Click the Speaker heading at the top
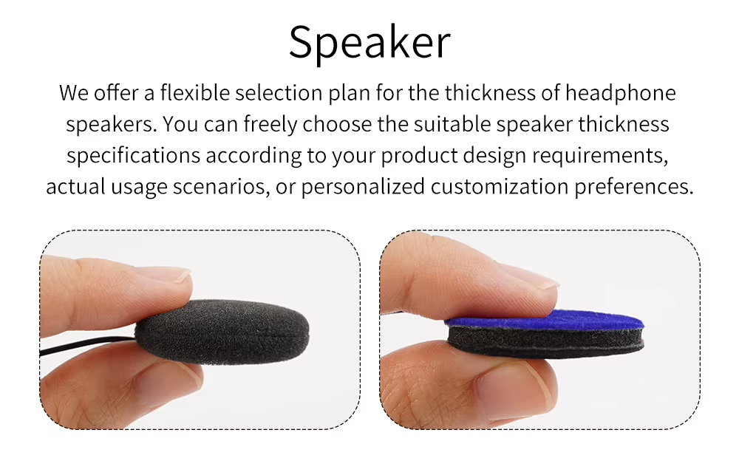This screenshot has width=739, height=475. [369, 42]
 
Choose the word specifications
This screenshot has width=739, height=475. [134, 155]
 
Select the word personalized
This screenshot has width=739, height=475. [362, 186]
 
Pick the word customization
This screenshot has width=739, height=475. [503, 186]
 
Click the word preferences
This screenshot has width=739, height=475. [636, 186]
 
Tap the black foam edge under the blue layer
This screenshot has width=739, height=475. [547, 341]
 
